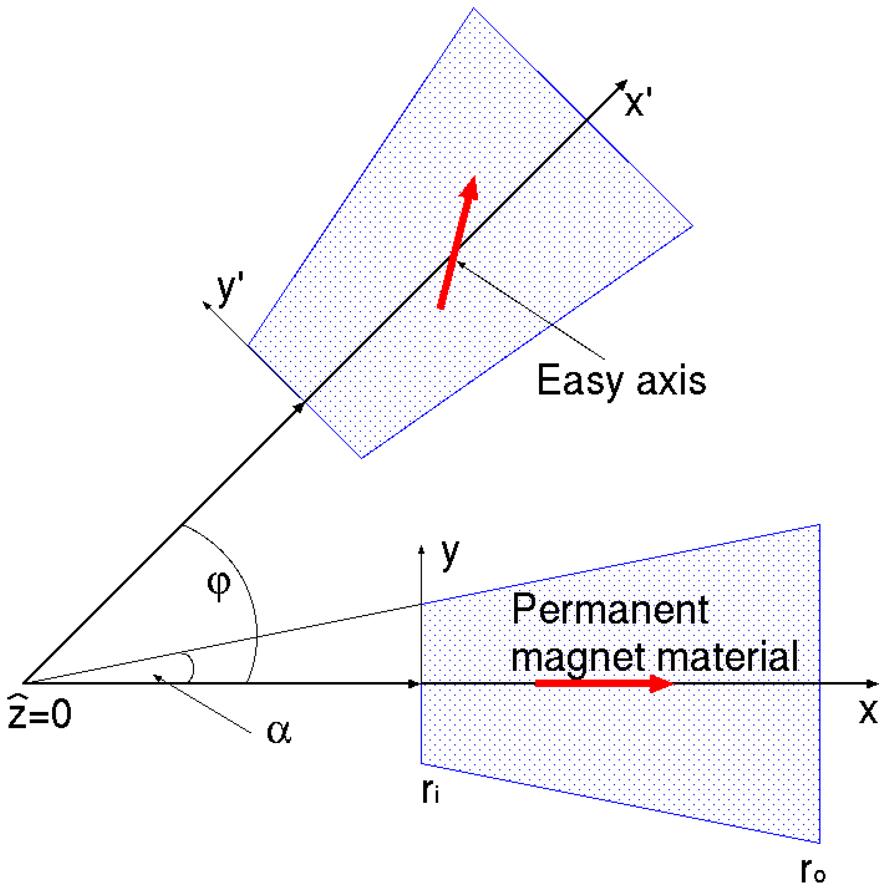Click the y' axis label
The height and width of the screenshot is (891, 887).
click(x=230, y=289)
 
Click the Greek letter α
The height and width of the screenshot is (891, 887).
click(x=279, y=732)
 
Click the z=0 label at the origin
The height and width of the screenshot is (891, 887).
click(x=40, y=712)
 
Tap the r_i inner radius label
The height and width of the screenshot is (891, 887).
click(x=430, y=791)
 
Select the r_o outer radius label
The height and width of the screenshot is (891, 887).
click(x=813, y=870)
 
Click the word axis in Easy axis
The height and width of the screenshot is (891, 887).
click(x=670, y=382)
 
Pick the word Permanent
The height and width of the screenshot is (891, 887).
click(x=610, y=610)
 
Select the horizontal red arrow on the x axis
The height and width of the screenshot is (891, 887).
click(x=604, y=683)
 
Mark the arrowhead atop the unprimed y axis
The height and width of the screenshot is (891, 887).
click(x=421, y=549)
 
